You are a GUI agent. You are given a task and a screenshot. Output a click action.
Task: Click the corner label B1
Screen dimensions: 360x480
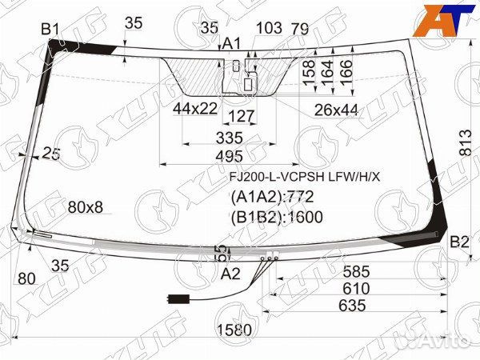point(50,30)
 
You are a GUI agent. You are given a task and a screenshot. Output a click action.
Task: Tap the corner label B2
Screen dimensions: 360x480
point(458,242)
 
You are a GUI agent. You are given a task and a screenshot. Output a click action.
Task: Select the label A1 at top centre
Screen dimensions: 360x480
point(231,43)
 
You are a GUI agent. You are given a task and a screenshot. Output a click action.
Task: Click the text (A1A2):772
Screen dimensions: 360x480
point(272,197)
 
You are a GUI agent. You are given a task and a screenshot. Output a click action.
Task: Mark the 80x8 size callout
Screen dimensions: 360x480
point(85,207)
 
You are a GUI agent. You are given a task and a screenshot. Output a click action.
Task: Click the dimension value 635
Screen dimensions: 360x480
point(352,305)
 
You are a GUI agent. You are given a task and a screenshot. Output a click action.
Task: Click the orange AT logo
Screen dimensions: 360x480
point(443,17)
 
